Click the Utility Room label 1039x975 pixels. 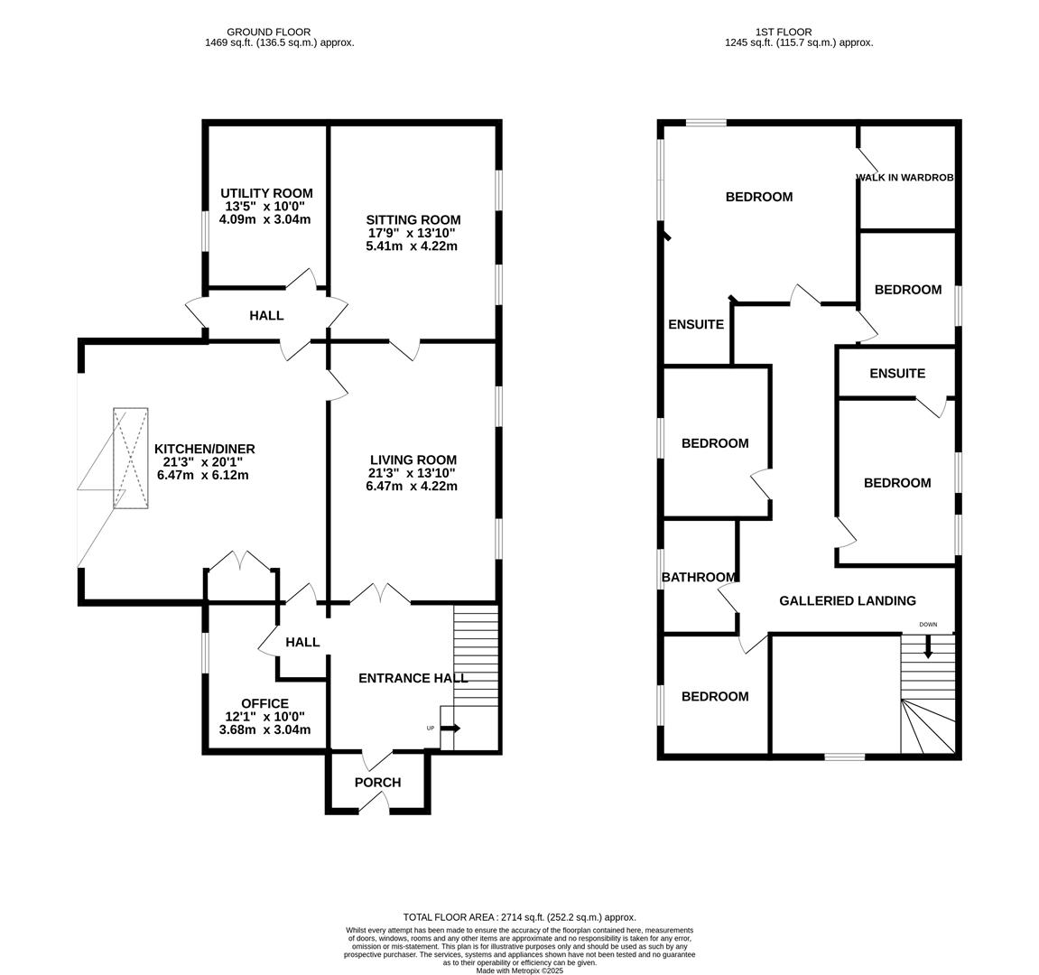pyautogui.click(x=266, y=193)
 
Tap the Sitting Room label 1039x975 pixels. pyautogui.click(x=413, y=219)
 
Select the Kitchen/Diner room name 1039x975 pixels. pyautogui.click(x=205, y=449)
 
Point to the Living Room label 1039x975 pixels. pyautogui.click(x=413, y=460)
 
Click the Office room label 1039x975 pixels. pyautogui.click(x=264, y=703)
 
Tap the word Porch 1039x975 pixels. pyautogui.click(x=377, y=782)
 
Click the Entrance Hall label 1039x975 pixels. pyautogui.click(x=413, y=678)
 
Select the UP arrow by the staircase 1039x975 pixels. pyautogui.click(x=450, y=729)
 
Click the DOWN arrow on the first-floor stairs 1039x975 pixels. pyautogui.click(x=928, y=647)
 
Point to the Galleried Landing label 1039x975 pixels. pyautogui.click(x=848, y=600)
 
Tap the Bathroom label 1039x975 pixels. pyautogui.click(x=699, y=577)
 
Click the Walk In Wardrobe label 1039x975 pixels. pyautogui.click(x=905, y=178)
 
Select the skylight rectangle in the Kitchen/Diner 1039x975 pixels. pyautogui.click(x=131, y=458)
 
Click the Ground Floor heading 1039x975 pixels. pyautogui.click(x=268, y=32)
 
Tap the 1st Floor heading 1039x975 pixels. pyautogui.click(x=784, y=32)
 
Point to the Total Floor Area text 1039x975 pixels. pyautogui.click(x=520, y=917)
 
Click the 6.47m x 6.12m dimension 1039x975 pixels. pyautogui.click(x=203, y=475)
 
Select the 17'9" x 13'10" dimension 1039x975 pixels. pyautogui.click(x=413, y=233)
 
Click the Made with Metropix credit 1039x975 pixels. pyautogui.click(x=520, y=970)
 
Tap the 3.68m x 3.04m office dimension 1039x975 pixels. pyautogui.click(x=264, y=729)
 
